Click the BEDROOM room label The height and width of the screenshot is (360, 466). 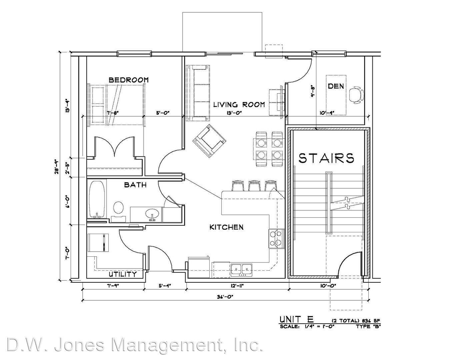[x=129, y=80]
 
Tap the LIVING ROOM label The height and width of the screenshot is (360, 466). [x=239, y=105]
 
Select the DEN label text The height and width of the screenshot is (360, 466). [x=336, y=86]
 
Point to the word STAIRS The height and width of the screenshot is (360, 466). [x=326, y=158]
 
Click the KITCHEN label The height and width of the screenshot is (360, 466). [x=226, y=227]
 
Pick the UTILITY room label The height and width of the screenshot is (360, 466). [x=123, y=274]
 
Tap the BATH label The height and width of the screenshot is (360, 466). [x=135, y=185]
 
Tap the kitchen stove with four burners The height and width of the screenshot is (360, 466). [x=276, y=239]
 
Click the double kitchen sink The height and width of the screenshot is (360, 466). [x=241, y=269]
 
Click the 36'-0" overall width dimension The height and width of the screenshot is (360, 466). [x=225, y=297]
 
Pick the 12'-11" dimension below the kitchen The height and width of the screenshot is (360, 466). [x=237, y=286]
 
